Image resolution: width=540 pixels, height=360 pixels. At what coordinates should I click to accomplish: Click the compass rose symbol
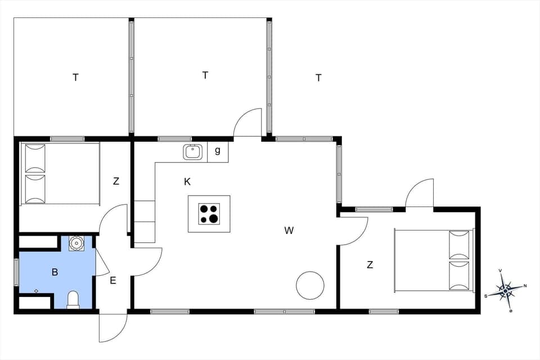point(505,290)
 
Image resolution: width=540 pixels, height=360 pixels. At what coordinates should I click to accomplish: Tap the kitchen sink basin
point(193,152)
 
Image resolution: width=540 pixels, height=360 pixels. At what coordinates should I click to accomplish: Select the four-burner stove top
point(209,214)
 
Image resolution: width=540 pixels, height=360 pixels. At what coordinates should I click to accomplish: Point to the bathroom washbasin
point(76,243)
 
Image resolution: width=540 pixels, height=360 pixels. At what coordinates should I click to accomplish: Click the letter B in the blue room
point(55,272)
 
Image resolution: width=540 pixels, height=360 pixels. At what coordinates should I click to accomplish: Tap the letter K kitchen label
point(187,182)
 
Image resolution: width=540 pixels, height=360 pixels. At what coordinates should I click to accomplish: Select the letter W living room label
point(289,230)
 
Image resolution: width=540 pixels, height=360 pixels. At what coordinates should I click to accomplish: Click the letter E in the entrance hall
point(113,280)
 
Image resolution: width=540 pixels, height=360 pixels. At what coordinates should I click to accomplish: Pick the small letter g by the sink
point(218,151)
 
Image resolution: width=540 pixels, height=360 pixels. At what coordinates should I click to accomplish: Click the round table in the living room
point(310,285)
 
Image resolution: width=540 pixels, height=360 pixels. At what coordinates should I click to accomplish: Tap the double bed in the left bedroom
point(60,173)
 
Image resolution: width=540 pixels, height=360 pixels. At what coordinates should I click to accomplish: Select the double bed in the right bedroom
point(434,260)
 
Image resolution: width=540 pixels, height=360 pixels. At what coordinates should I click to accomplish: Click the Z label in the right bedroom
point(370,265)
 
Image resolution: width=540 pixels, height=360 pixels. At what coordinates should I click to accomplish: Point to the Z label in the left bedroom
point(116,181)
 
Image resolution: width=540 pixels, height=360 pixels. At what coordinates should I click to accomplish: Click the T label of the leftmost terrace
point(75,78)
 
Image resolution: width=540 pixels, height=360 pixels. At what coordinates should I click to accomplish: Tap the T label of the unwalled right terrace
point(318,78)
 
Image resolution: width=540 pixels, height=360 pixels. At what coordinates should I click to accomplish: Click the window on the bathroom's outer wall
point(16,272)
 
